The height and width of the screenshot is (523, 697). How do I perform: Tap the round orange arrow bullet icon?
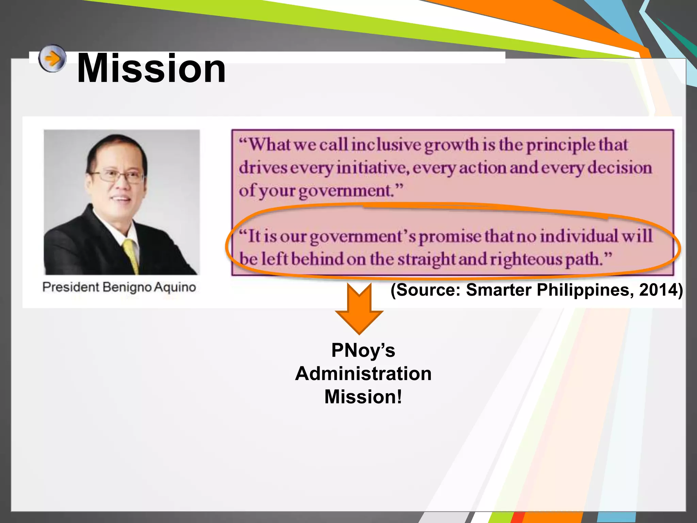coord(52,58)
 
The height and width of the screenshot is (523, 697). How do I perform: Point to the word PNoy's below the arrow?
coord(363,350)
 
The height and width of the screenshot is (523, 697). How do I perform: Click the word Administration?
coord(363,374)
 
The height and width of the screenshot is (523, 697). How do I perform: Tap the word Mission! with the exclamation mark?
coord(363,397)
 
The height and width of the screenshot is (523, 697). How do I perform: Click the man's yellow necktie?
coord(131,255)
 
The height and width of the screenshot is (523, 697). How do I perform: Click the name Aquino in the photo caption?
coord(175,287)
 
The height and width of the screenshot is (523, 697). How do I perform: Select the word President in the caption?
coord(70,287)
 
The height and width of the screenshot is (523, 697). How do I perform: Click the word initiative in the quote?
coord(373,168)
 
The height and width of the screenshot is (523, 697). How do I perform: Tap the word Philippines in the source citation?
coord(585,290)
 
